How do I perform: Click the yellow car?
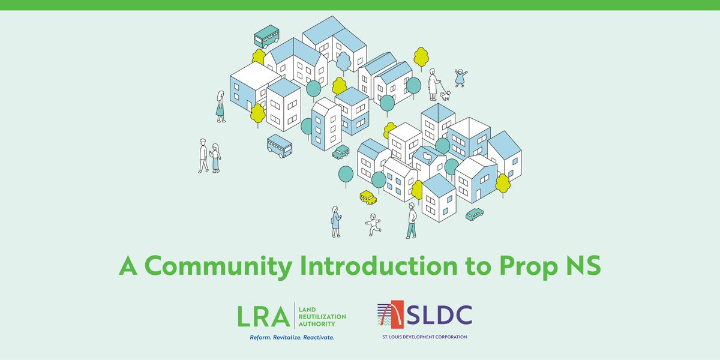click(x=368, y=197)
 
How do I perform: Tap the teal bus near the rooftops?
click(x=266, y=37)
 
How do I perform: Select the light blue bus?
click(x=279, y=146)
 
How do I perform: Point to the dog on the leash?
click(x=445, y=95)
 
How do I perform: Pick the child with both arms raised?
click(x=461, y=77)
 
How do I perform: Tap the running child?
click(x=373, y=224)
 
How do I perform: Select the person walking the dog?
click(x=433, y=84)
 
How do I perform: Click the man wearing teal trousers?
click(x=412, y=220)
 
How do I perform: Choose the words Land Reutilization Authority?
click(x=322, y=316)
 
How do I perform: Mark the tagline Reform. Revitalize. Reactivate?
click(x=292, y=338)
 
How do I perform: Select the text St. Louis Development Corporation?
click(x=424, y=337)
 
